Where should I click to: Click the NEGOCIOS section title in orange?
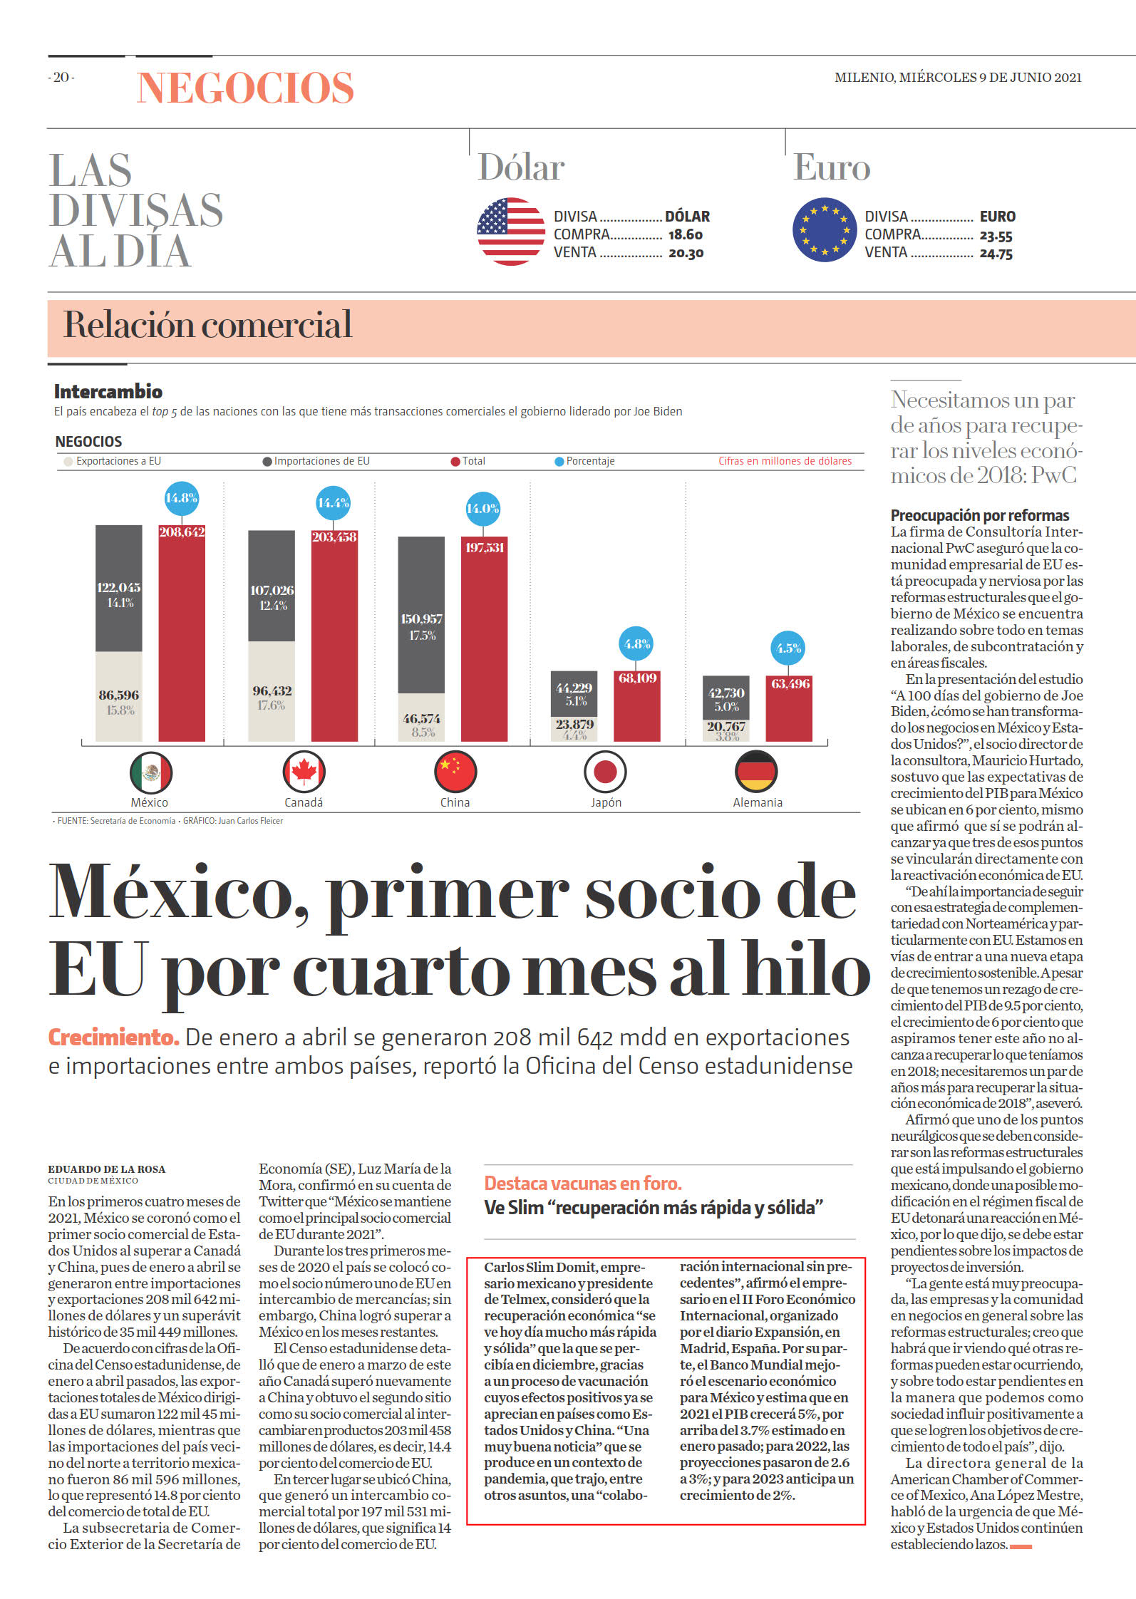pyautogui.click(x=245, y=88)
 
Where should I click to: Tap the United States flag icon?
pyautogui.click(x=510, y=232)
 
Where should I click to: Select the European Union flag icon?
pyautogui.click(x=825, y=230)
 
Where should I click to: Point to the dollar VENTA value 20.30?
pyautogui.click(x=686, y=253)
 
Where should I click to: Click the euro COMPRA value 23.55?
pyautogui.click(x=996, y=236)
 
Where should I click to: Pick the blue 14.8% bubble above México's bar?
pyautogui.click(x=182, y=497)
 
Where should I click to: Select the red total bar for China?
pyautogui.click(x=484, y=638)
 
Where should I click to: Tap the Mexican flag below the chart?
pyautogui.click(x=151, y=772)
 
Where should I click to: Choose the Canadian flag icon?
pyautogui.click(x=304, y=772)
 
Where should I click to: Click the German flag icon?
pyautogui.click(x=755, y=771)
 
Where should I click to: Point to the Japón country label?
pyautogui.click(x=606, y=802)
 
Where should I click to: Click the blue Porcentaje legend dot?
pyautogui.click(x=559, y=462)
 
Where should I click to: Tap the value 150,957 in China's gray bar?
pyautogui.click(x=421, y=619)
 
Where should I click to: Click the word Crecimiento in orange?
pyautogui.click(x=113, y=1037)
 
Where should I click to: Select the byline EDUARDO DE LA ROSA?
pyautogui.click(x=107, y=1169)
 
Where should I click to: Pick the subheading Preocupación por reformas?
pyautogui.click(x=980, y=515)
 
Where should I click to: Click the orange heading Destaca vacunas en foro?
pyautogui.click(x=583, y=1184)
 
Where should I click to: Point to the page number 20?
pyautogui.click(x=61, y=77)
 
